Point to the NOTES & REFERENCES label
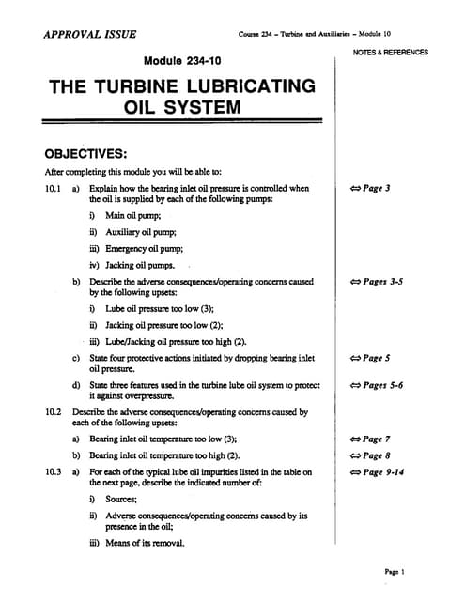coord(391,53)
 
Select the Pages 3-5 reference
coord(376,281)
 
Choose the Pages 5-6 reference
coord(376,385)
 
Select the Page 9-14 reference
coord(376,471)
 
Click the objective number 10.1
coord(53,188)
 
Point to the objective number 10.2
coord(53,411)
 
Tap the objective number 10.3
coord(53,471)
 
